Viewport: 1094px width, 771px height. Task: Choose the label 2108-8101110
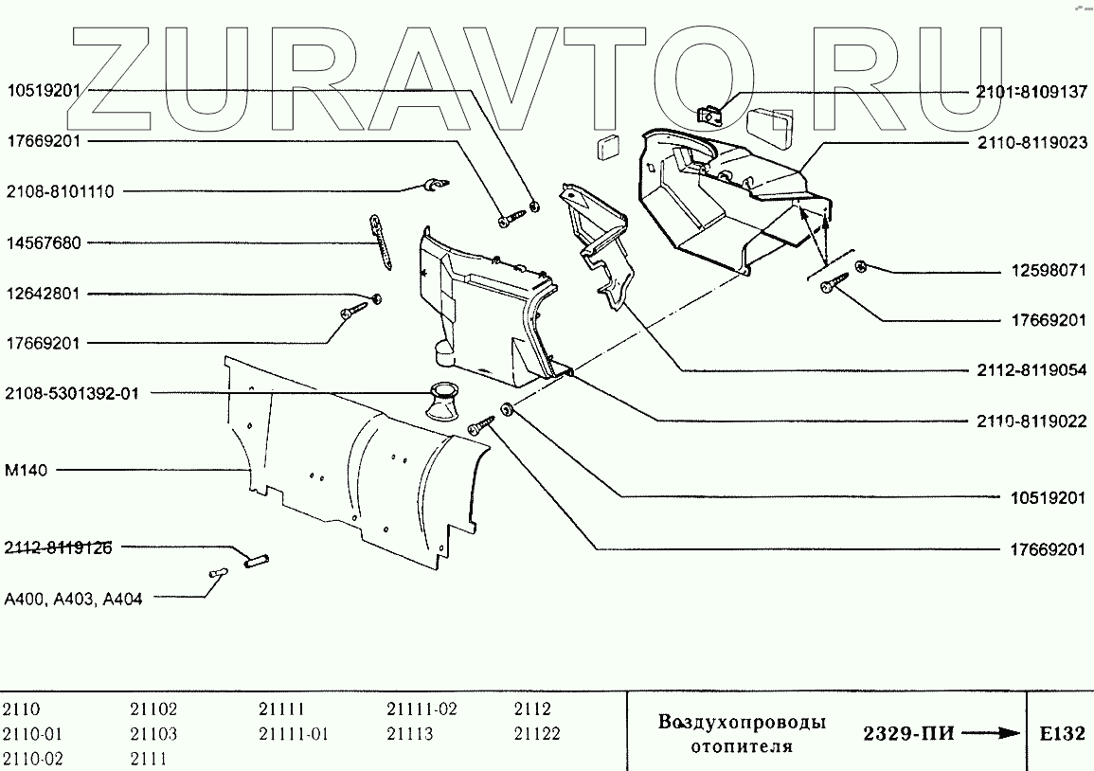(61, 191)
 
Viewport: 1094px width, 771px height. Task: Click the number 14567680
(45, 243)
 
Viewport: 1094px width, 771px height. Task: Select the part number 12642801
(45, 295)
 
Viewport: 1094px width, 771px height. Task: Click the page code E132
(1061, 734)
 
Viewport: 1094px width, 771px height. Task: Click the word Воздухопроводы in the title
(742, 723)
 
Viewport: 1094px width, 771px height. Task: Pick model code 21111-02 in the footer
(421, 709)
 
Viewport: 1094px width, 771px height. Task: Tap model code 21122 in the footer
(537, 734)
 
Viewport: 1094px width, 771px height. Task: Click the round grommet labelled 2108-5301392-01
(442, 401)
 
